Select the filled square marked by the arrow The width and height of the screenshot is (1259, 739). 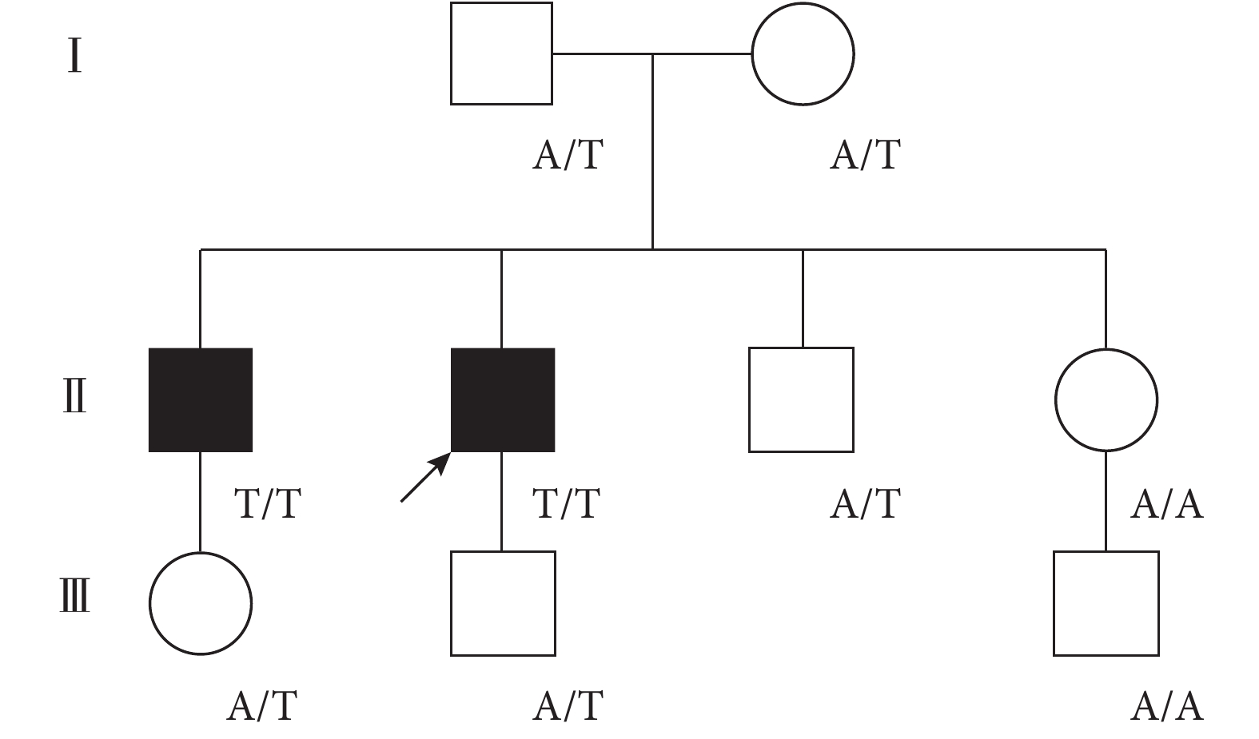(503, 399)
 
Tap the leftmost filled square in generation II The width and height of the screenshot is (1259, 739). (201, 399)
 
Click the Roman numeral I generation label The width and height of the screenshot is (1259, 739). (75, 55)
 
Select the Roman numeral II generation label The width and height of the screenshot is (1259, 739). (75, 395)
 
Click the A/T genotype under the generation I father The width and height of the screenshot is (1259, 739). (568, 155)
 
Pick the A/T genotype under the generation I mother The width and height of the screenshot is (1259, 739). (866, 155)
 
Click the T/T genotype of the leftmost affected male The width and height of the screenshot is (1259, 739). (268, 503)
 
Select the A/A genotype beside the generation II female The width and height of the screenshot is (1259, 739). (1167, 503)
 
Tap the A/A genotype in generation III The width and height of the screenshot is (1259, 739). (1167, 706)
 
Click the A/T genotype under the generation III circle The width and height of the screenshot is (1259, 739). (262, 706)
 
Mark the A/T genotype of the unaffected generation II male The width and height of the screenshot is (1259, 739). (866, 503)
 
